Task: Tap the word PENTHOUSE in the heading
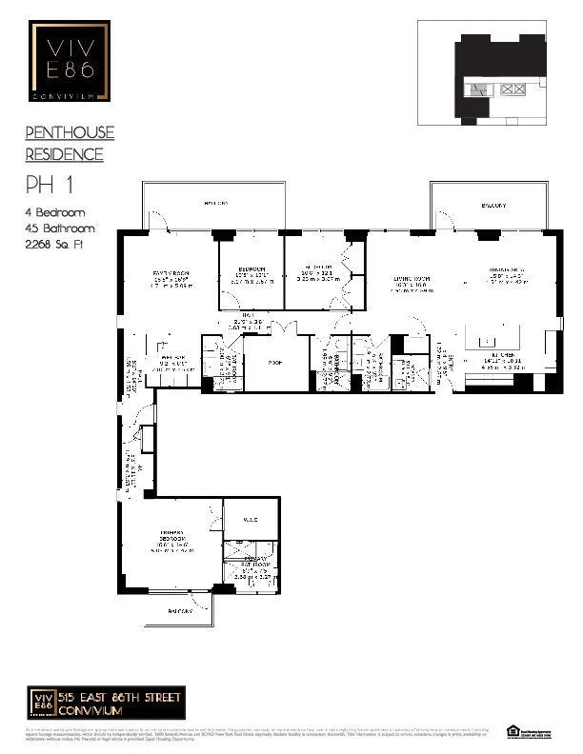69,133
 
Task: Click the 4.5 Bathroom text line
59,228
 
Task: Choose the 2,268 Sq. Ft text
61,245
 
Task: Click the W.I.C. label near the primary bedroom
250,518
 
